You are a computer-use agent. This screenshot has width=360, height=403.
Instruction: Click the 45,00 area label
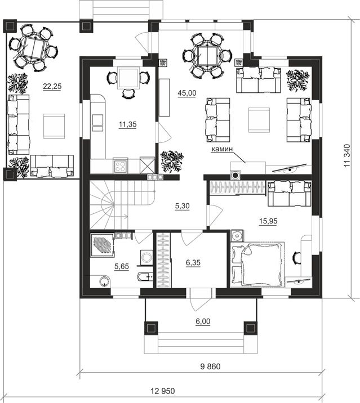click(x=187, y=93)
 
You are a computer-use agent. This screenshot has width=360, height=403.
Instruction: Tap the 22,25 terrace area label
click(x=52, y=86)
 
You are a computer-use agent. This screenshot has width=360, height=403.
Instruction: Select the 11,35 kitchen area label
click(x=128, y=124)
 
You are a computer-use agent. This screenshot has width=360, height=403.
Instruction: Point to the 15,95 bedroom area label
click(x=268, y=221)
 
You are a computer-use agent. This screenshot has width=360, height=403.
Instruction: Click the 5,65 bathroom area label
click(x=122, y=267)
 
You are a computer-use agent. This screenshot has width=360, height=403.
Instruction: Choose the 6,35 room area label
click(x=193, y=263)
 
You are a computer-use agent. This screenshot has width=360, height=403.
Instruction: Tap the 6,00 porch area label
click(x=203, y=321)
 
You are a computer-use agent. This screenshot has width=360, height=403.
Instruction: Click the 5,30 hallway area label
click(x=182, y=206)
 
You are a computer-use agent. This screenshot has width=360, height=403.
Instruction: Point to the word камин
click(x=222, y=149)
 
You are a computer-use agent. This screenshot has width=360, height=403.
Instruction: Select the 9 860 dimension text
click(x=211, y=366)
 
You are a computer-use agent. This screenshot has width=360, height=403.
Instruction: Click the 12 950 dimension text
click(x=163, y=391)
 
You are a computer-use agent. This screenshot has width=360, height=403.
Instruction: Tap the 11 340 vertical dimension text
click(x=347, y=156)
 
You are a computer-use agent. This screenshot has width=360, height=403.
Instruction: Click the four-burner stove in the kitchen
click(x=120, y=166)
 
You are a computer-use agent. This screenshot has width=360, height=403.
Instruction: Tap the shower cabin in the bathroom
click(x=101, y=245)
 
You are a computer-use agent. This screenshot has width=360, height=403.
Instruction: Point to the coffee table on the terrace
click(x=54, y=126)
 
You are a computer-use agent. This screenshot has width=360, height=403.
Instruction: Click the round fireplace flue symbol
click(x=235, y=175)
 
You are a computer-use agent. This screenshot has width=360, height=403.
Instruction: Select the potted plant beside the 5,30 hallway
click(x=172, y=161)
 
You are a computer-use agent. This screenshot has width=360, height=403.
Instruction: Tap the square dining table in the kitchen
click(x=128, y=78)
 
